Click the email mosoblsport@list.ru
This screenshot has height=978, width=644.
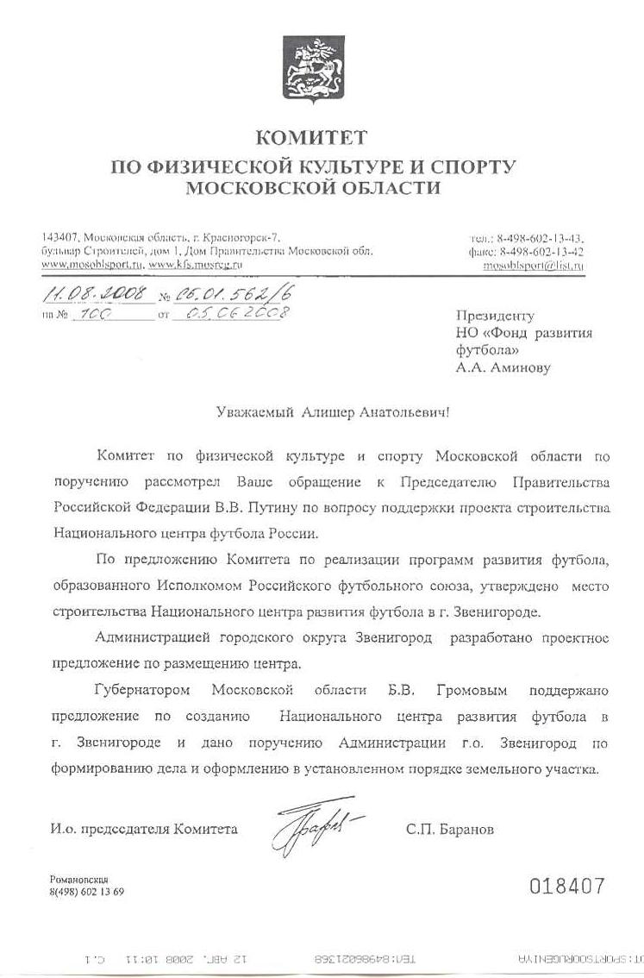click(534, 266)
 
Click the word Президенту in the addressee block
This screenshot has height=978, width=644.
click(495, 317)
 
